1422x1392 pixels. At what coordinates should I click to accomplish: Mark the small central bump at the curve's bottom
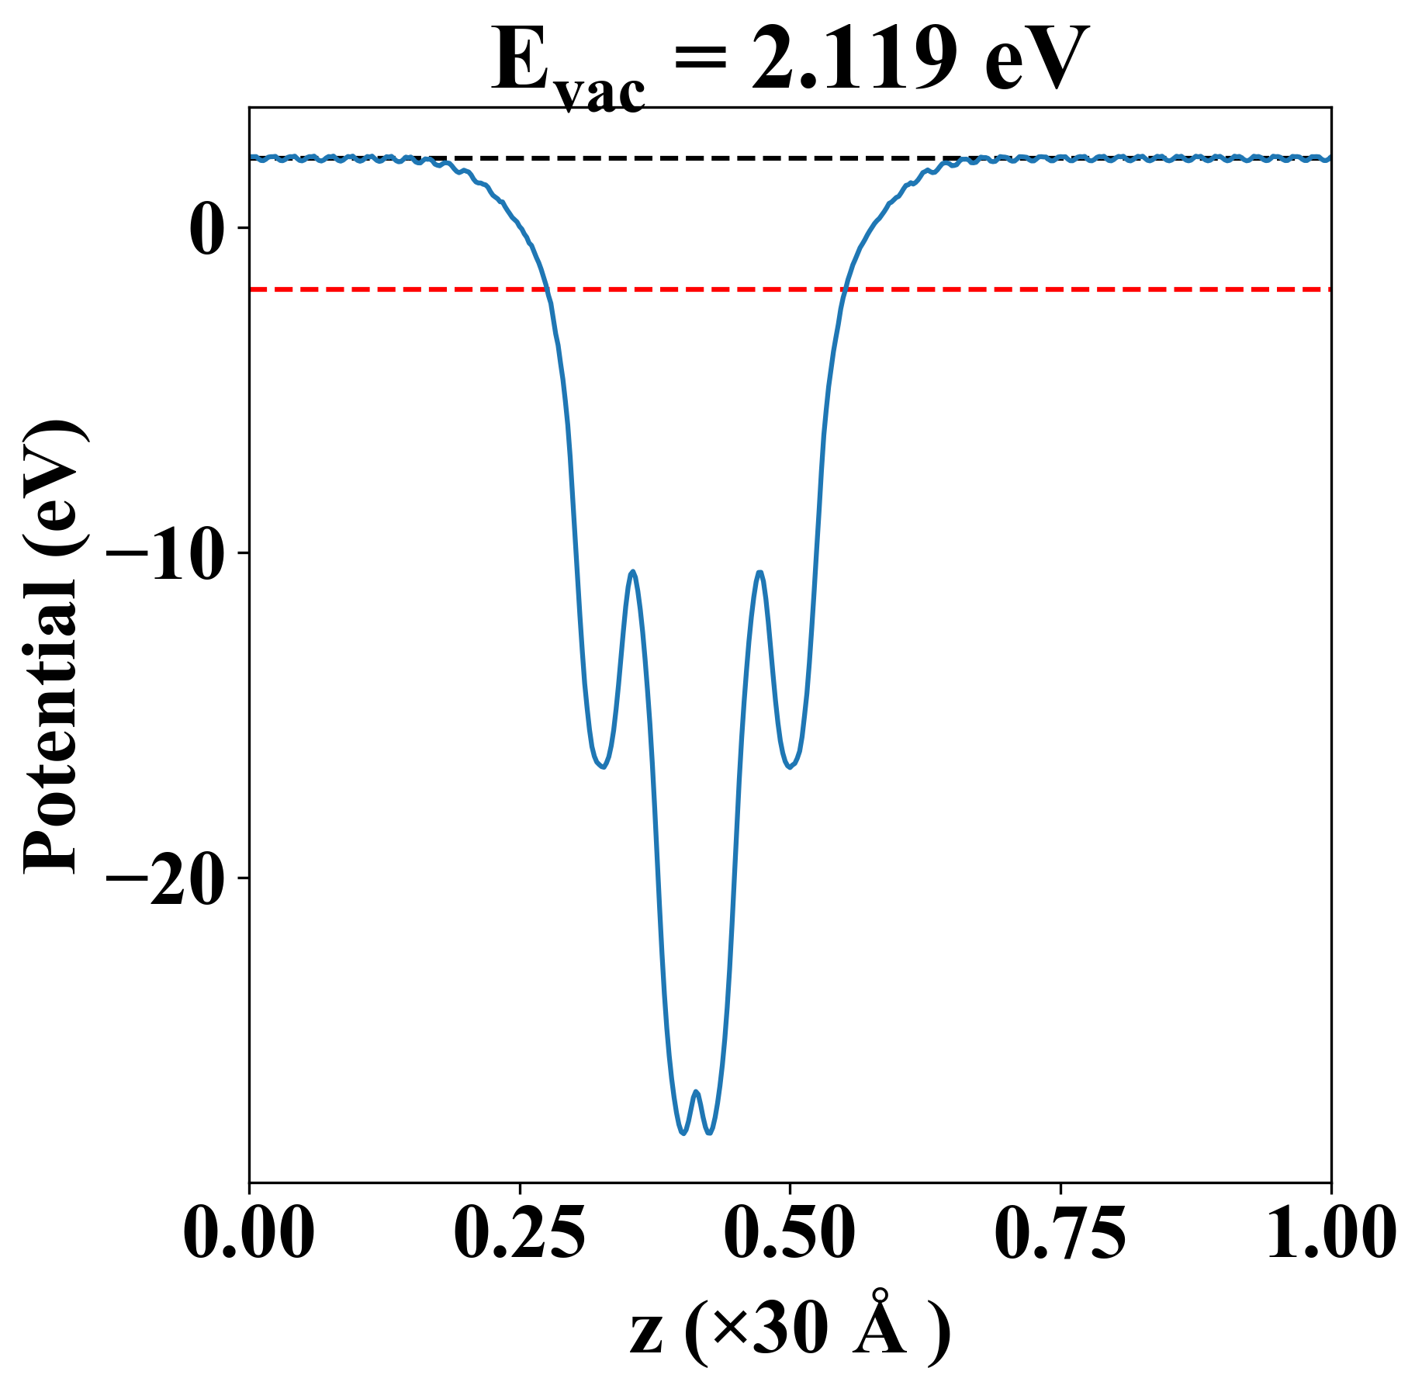696,1092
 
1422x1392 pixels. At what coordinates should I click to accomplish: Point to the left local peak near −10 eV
634,572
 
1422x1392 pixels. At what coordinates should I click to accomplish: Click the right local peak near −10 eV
759,573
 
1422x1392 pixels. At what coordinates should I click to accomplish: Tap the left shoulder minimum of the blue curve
602,767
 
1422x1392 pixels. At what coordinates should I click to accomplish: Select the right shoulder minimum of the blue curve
790,767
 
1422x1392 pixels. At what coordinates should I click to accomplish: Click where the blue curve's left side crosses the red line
548,289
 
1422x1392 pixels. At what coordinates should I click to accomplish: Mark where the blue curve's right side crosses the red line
844,289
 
